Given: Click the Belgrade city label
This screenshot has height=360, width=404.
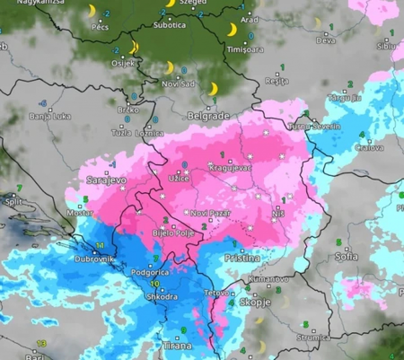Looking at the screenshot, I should [208, 116].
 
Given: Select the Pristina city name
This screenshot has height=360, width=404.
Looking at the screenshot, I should [242, 258].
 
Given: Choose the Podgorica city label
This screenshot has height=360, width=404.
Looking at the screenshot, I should [150, 272].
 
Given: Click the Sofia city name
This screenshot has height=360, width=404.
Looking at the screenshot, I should [347, 256].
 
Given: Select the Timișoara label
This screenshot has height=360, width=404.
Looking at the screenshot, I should [245, 49].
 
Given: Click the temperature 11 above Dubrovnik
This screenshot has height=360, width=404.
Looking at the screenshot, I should [100, 246].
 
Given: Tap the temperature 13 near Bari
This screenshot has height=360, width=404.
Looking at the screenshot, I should [41, 343].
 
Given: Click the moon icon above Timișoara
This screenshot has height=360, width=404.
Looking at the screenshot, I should [232, 30].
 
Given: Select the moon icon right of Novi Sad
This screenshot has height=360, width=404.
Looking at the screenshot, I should [213, 89].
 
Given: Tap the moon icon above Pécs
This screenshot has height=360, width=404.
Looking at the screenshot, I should [92, 11].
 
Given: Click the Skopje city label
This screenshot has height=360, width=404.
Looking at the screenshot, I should [255, 302].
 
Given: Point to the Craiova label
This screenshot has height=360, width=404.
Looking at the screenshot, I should [369, 148].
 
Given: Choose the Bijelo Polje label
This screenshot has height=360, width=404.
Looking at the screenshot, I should [167, 233].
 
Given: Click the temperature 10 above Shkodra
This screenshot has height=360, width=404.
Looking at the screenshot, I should [155, 284].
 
